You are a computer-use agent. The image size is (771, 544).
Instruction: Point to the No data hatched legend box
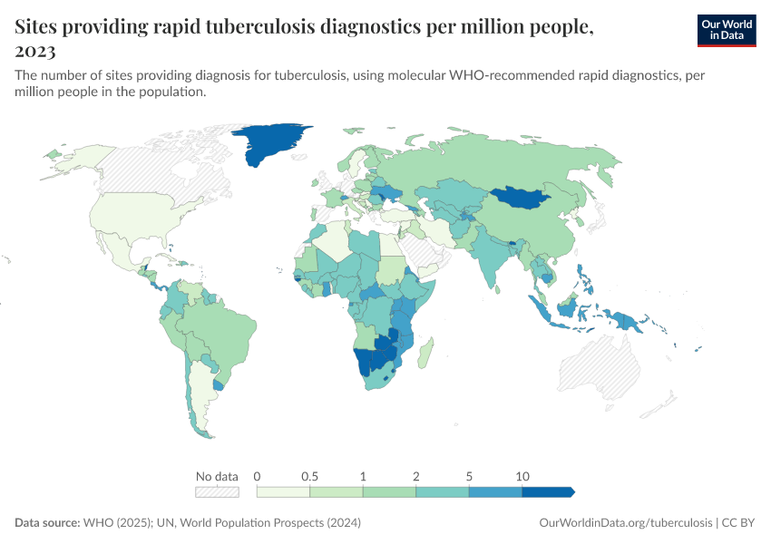point(218,492)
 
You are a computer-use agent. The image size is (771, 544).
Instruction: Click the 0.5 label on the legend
point(309,476)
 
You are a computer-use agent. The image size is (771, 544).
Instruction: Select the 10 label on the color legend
point(522,476)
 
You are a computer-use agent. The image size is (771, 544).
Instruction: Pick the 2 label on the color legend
point(415,476)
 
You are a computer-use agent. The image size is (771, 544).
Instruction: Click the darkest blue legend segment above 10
point(548,492)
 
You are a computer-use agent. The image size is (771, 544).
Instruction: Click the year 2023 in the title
point(35,51)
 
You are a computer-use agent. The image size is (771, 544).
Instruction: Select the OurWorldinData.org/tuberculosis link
point(625,523)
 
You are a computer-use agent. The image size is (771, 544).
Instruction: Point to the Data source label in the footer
point(47,523)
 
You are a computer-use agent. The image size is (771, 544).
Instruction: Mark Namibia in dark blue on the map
point(365,362)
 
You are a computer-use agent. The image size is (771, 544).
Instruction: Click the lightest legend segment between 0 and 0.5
point(283,492)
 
